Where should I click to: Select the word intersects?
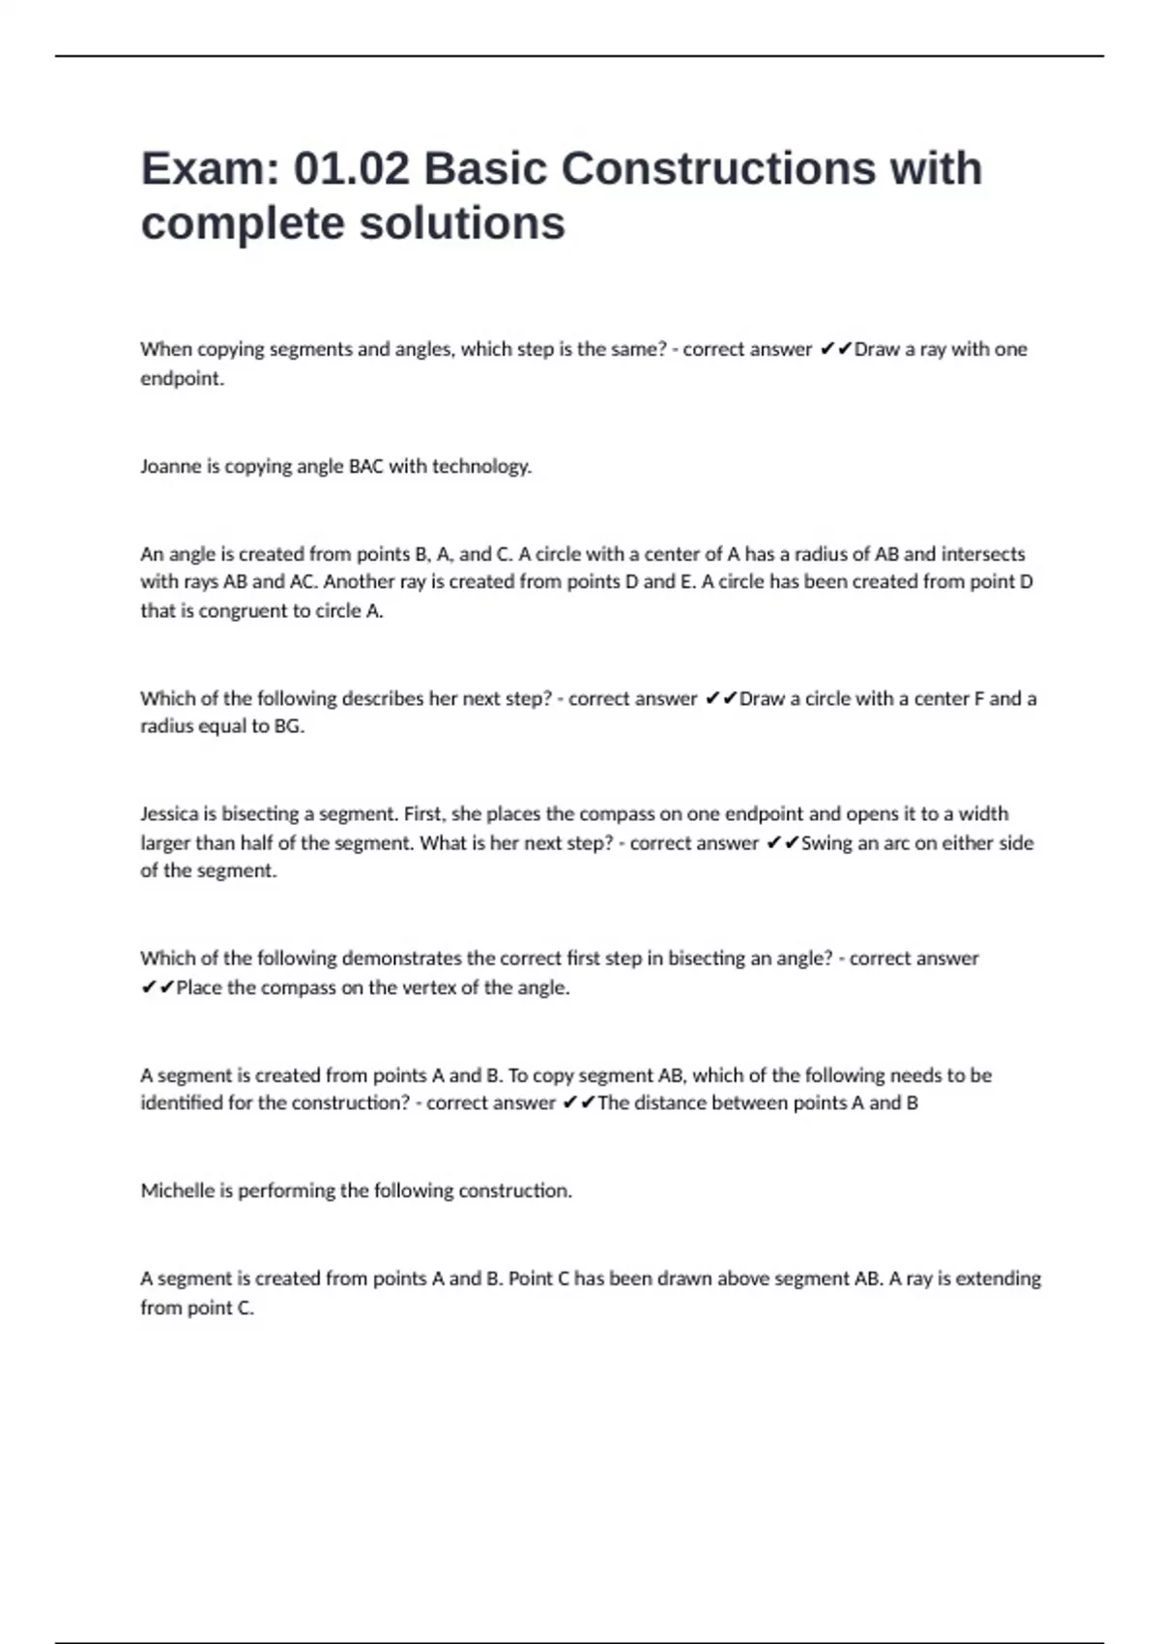coord(983,554)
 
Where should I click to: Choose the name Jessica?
coord(169,814)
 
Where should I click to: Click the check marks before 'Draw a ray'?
coord(835,349)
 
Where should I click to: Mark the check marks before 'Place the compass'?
coord(158,987)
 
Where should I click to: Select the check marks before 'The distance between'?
coord(579,1103)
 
